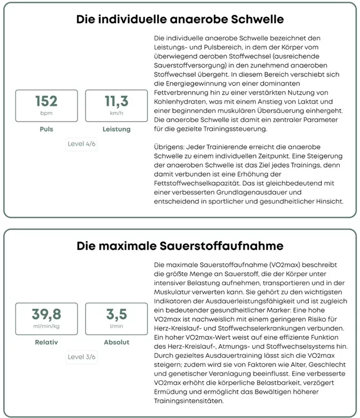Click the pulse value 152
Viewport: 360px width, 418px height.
(46, 101)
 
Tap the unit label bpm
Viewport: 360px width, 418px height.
(46, 113)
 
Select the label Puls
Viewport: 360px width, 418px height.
(46, 129)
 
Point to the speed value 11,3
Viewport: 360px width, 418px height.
(116, 101)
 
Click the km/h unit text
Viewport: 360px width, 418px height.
(116, 113)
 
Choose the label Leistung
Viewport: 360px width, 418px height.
(116, 129)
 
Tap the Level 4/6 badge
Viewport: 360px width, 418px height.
(82, 143)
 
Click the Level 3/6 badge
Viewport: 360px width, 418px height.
(82, 357)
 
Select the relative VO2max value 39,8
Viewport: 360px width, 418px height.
(46, 314)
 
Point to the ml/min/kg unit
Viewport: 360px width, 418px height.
(46, 326)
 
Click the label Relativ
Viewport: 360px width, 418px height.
(46, 342)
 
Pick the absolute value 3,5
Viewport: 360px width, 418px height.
(116, 314)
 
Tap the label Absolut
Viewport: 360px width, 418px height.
(116, 342)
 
